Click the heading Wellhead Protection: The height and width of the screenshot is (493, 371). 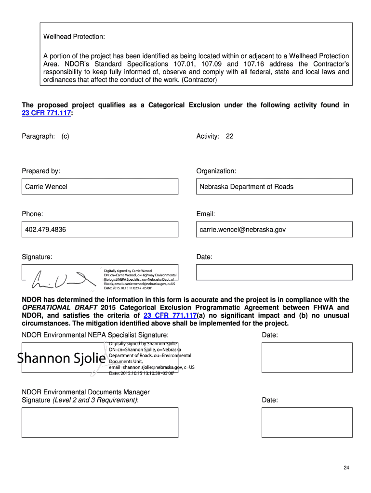click(74, 37)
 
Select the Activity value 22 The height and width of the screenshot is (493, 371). click(229, 136)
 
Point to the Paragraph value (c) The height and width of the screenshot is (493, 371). click(65, 136)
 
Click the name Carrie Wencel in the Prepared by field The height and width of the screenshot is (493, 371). click(46, 187)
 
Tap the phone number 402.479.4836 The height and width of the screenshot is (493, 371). click(46, 230)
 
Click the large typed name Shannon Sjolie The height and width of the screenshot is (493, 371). click(62, 358)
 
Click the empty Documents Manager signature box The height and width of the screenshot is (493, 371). click(100, 422)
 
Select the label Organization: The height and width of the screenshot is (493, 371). click(216, 171)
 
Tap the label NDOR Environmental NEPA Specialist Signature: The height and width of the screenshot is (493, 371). click(95, 335)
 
